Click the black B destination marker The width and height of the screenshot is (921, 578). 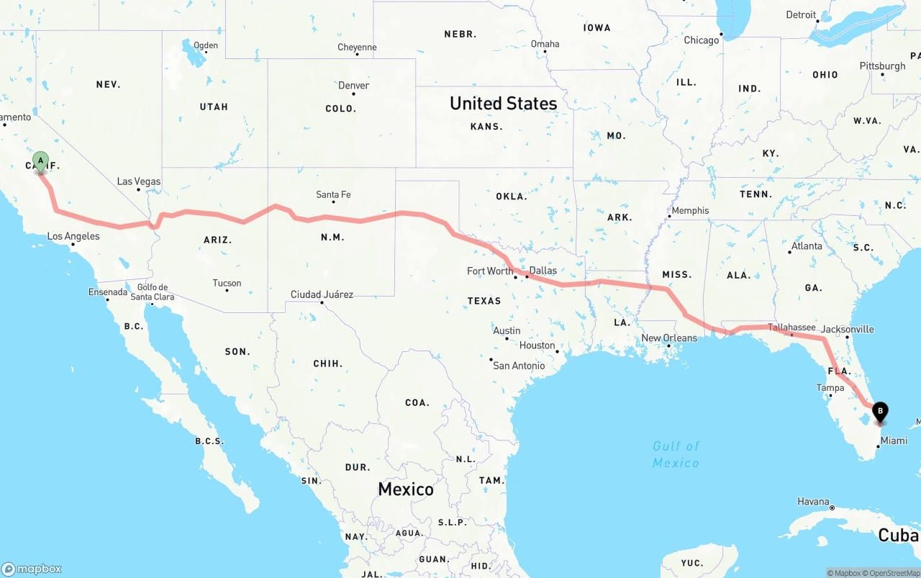point(879,412)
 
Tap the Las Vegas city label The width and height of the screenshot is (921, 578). point(139,181)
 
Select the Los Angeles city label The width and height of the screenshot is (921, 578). point(73,236)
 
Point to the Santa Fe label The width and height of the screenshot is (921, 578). point(333,194)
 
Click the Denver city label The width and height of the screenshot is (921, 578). point(353,86)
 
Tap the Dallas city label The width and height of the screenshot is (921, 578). point(543,271)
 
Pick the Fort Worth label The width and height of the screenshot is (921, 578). point(489,271)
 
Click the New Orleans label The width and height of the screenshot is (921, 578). point(669,338)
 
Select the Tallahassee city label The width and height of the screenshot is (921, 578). point(791,327)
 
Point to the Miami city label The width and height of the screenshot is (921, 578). point(894,441)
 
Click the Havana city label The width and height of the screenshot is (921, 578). point(813,502)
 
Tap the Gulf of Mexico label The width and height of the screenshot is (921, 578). point(676,454)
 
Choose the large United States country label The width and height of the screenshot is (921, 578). point(503,104)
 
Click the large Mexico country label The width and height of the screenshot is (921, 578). point(406,489)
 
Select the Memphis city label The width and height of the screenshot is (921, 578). point(690,211)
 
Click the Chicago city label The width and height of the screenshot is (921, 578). point(701,40)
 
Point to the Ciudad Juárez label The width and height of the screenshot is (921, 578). point(322,294)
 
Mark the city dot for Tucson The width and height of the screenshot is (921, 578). point(227,290)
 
